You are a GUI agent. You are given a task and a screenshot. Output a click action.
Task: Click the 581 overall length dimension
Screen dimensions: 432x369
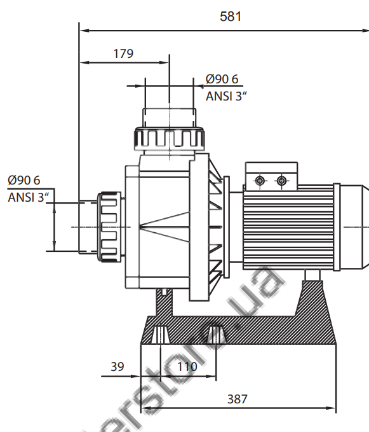click(x=231, y=17)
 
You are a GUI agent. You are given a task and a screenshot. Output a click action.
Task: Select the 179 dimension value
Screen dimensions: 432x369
click(x=123, y=53)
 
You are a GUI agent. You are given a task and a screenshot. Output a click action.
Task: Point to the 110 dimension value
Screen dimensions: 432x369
click(x=187, y=366)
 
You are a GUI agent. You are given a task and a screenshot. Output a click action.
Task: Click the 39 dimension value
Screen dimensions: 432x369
click(x=117, y=366)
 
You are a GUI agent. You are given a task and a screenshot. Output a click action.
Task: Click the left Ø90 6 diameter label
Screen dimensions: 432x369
click(x=23, y=180)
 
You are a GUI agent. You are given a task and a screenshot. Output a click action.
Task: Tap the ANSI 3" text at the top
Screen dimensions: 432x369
click(x=226, y=96)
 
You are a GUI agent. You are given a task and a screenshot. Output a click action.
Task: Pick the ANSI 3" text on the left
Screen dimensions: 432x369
click(x=28, y=197)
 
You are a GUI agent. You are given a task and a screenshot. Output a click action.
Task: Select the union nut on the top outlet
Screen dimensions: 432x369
click(x=169, y=138)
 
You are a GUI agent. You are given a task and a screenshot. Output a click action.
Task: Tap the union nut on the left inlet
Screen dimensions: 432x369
click(x=109, y=226)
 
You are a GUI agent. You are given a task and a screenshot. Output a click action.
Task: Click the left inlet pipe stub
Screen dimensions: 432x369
click(x=88, y=226)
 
